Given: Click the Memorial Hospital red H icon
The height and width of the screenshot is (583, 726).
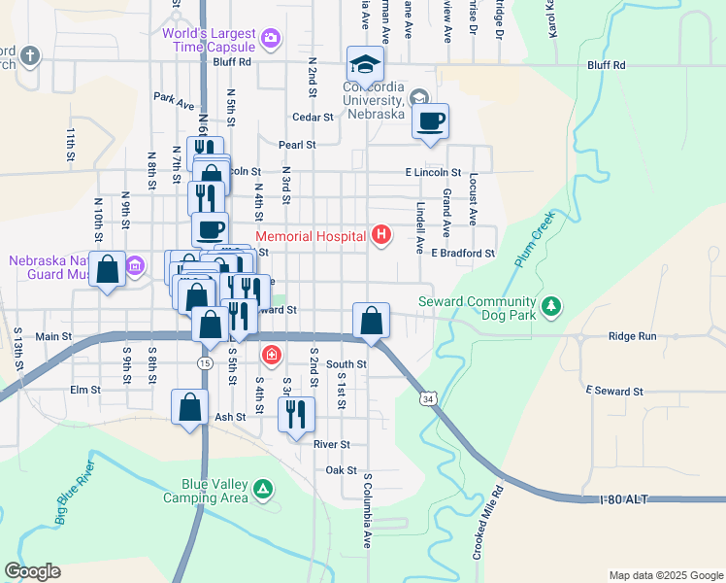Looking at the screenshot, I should coord(382,235).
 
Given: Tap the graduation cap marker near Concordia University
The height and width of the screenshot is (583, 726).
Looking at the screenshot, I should coord(366,64).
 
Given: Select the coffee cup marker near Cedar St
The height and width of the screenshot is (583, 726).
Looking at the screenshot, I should coord(430,120).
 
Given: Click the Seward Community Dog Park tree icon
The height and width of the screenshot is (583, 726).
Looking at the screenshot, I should coord(551,308).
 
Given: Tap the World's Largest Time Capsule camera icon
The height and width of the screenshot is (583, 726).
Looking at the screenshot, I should coord(271,40).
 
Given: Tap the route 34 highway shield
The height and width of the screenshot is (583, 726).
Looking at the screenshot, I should coord(428,398).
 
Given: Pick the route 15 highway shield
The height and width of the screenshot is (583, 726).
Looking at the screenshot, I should coord(204,362).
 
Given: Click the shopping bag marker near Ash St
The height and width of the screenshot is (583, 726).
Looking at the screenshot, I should coord(190,407).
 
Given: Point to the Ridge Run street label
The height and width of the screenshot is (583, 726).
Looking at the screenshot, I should coord(633,336).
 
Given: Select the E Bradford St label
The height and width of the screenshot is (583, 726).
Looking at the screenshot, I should coord(464,254).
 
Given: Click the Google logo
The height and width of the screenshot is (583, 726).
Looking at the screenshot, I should coord(33,571).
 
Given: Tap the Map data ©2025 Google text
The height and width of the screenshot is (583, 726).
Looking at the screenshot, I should coord(665,575).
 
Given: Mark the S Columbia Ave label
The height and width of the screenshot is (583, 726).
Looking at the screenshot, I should coord(368,511).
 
